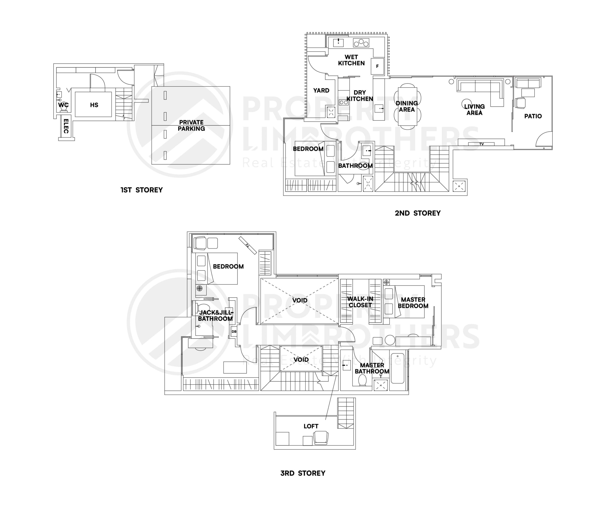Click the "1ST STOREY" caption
tap(142, 190)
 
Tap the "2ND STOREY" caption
tap(418, 213)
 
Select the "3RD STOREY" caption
tap(303, 473)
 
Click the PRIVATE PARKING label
tap(191, 125)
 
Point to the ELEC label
tap(66, 126)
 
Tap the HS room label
tap(94, 105)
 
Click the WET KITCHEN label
tap(351, 60)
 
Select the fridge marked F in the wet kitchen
tap(377, 66)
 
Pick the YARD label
tap(321, 91)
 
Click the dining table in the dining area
tap(407, 106)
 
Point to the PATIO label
tap(533, 116)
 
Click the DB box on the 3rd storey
tap(234, 332)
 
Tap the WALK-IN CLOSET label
tap(360, 302)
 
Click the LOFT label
tap(311, 426)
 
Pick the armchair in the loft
tap(321, 438)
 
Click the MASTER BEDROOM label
tap(413, 303)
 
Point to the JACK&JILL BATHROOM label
tap(216, 315)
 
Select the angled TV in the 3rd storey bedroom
tap(247, 245)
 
